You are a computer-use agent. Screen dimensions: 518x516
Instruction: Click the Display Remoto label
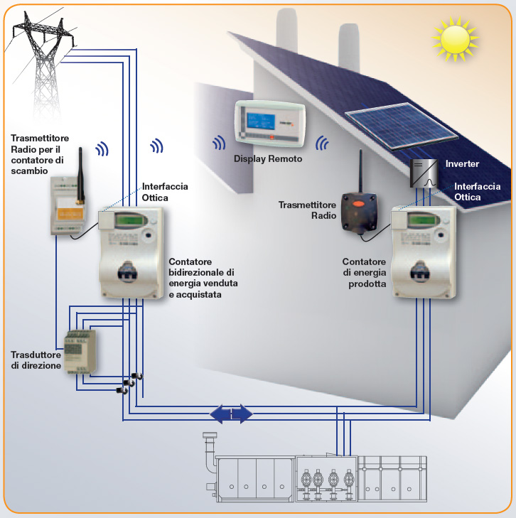pyautogui.click(x=268, y=159)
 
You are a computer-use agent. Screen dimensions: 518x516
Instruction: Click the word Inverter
pyautogui.click(x=462, y=164)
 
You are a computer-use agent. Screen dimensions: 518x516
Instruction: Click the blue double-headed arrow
pyautogui.click(x=231, y=413)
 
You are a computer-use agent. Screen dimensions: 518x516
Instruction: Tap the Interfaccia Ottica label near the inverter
pyautogui.click(x=478, y=191)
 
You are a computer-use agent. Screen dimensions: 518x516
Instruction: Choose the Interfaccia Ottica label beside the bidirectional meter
pyautogui.click(x=165, y=191)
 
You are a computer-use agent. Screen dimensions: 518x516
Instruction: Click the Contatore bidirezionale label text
pyautogui.click(x=203, y=278)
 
